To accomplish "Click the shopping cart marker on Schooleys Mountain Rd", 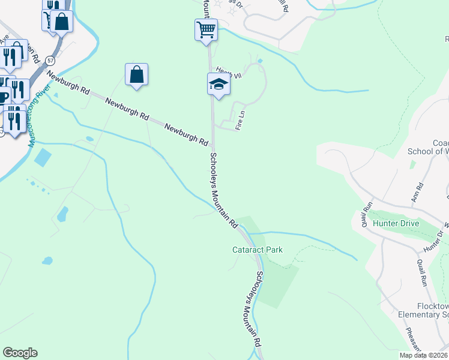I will point(206,29).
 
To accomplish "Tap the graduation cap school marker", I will point(219,85).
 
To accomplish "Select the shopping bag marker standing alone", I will point(137,75).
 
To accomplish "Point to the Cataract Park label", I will point(258,250).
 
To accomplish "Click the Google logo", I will point(20,353).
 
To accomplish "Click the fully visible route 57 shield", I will point(50,61).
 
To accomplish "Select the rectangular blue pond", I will point(43,157).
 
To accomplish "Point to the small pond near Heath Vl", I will point(259,61).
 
